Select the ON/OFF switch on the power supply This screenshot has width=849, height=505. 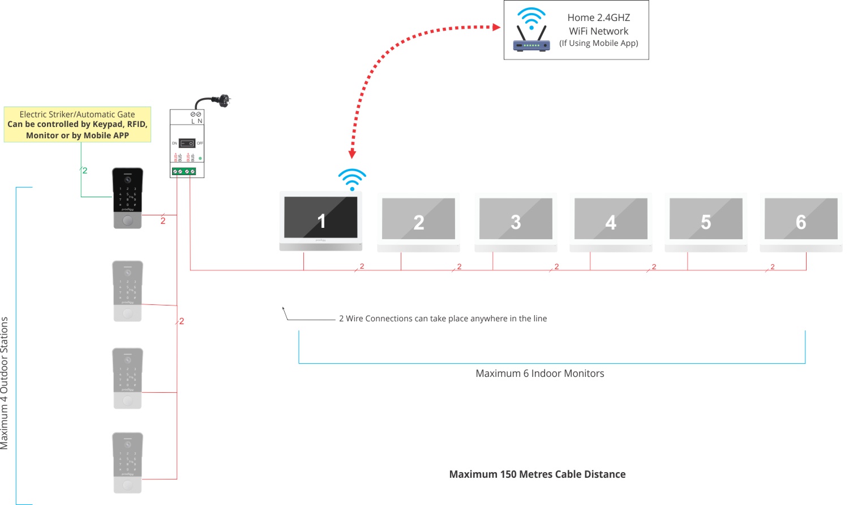click(187, 143)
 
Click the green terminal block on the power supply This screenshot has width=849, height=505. click(184, 171)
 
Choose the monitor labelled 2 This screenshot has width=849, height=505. click(418, 222)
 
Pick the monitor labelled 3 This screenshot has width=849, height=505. click(516, 222)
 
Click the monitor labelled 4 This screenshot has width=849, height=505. click(611, 222)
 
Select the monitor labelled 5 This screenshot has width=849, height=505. click(706, 222)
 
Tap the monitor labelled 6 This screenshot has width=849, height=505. click(801, 222)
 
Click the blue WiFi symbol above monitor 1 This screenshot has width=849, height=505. click(352, 179)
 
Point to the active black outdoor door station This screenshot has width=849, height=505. click(127, 198)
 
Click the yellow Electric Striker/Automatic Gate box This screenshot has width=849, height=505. click(78, 125)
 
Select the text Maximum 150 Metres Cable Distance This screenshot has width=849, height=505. click(537, 474)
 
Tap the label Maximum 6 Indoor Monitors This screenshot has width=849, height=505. click(539, 374)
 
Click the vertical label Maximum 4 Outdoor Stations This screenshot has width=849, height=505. click(5, 383)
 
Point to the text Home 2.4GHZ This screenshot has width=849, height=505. click(598, 18)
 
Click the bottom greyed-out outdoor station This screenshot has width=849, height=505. click(127, 463)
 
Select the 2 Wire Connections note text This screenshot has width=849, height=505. click(443, 319)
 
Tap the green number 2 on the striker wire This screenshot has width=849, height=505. click(85, 171)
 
